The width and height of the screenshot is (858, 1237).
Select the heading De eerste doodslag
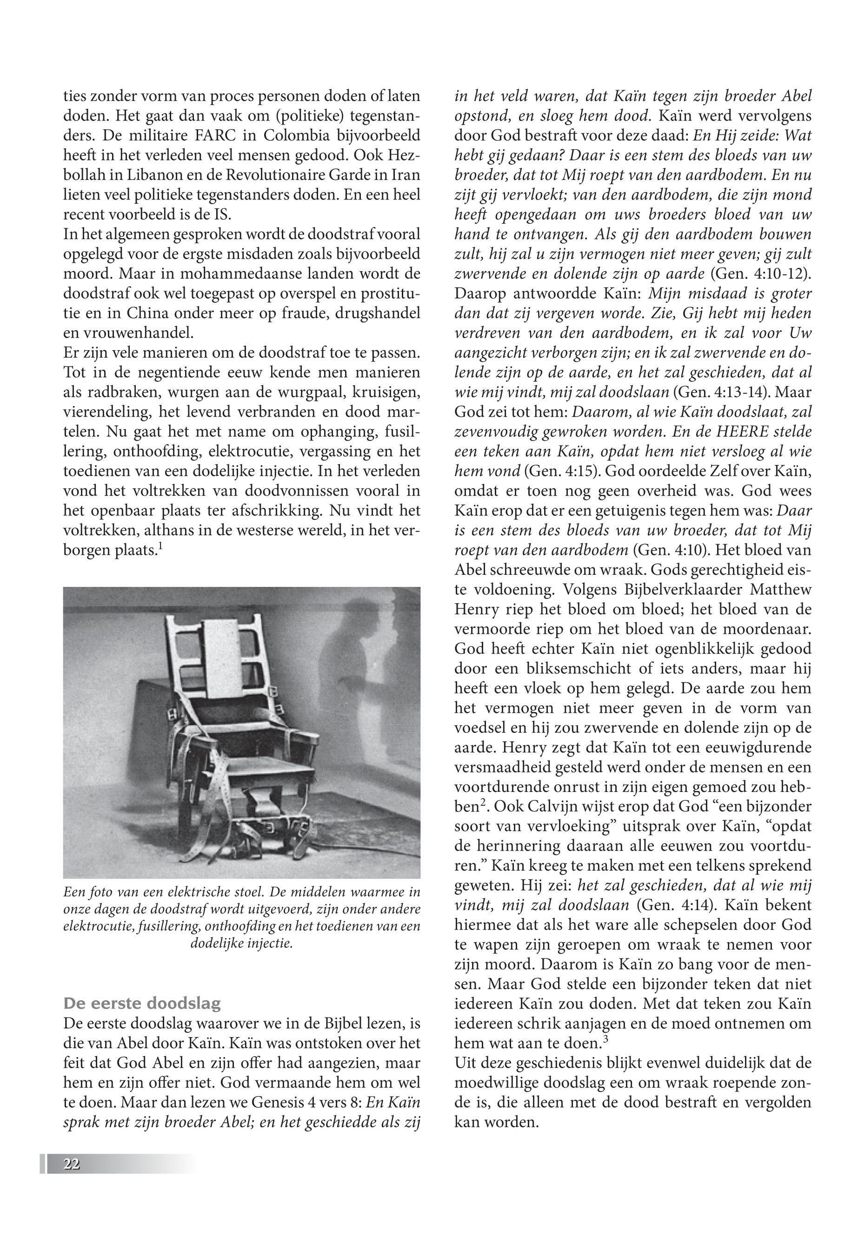click(142, 1003)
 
